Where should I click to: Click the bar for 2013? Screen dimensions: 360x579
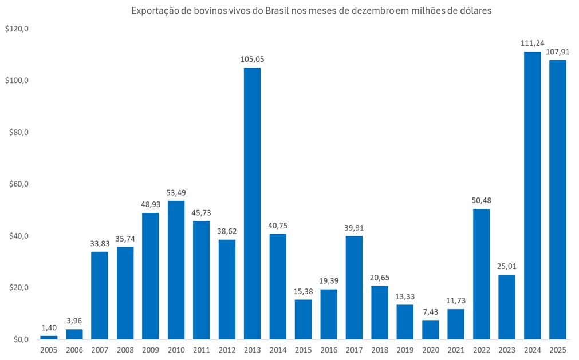[252, 203]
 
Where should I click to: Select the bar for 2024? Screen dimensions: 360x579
[532, 195]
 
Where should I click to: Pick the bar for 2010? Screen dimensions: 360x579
[176, 270]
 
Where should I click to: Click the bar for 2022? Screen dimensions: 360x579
[481, 274]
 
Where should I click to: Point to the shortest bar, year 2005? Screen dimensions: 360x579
[49, 337]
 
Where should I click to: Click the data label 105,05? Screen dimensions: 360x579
[252, 59]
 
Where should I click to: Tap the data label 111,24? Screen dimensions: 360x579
[532, 43]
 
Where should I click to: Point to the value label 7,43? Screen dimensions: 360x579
[430, 311]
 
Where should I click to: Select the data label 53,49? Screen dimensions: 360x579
[176, 192]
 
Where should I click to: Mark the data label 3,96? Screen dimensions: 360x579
[74, 321]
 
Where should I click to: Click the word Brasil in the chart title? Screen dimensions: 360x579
[278, 11]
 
